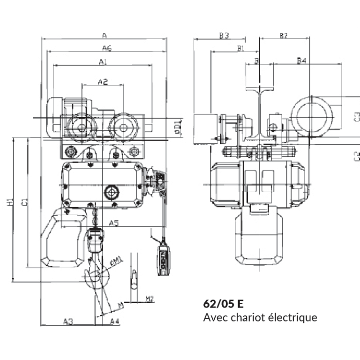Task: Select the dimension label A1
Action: tap(103, 62)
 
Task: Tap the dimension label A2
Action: tap(103, 82)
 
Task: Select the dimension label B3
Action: tap(224, 36)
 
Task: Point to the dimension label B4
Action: tap(301, 60)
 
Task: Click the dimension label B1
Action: tap(241, 48)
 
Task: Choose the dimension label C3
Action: tap(356, 116)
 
